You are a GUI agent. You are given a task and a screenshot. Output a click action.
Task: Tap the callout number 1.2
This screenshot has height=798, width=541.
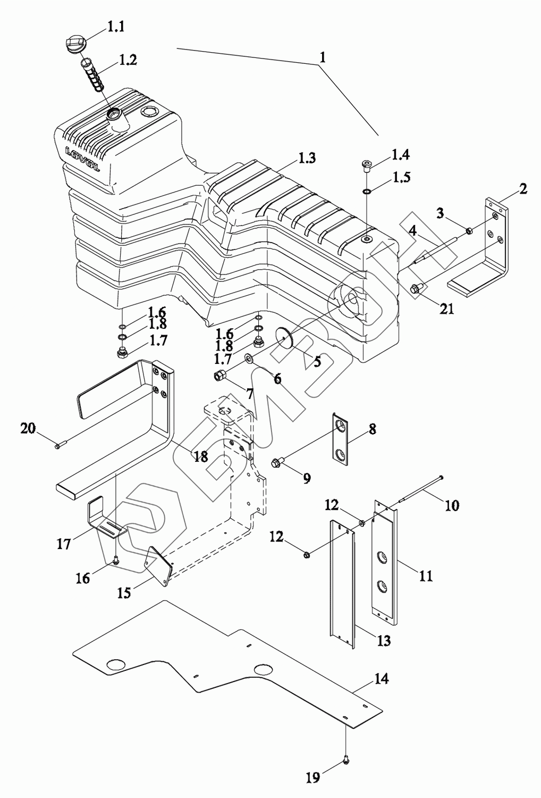(128, 60)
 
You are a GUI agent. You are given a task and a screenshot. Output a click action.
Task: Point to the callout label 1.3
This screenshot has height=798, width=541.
(307, 157)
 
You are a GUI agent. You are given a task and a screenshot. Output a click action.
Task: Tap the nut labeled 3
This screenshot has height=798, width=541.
(469, 230)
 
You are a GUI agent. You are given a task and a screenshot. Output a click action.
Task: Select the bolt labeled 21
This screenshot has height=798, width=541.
(416, 288)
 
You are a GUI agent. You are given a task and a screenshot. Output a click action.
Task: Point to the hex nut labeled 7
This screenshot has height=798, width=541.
(220, 376)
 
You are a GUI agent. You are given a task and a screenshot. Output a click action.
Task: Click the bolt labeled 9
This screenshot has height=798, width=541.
(278, 460)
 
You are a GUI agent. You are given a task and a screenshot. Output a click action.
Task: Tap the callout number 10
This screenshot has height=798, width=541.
(452, 505)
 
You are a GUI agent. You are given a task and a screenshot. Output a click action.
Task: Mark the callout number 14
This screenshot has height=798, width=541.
(381, 679)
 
